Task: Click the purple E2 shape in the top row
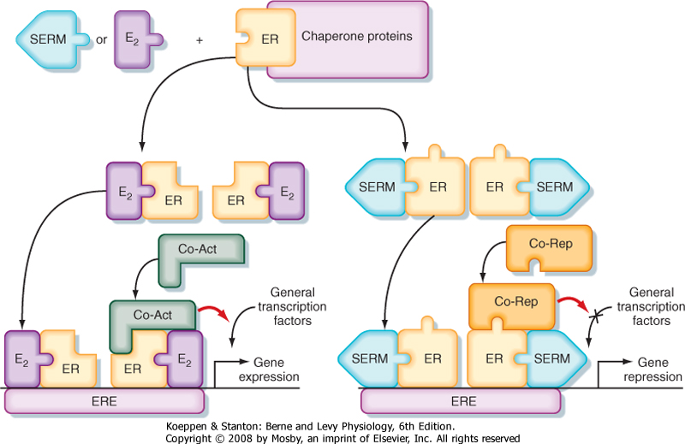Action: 135,39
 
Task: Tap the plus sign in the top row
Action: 200,39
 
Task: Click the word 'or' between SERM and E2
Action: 102,39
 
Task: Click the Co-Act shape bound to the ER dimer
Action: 154,316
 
